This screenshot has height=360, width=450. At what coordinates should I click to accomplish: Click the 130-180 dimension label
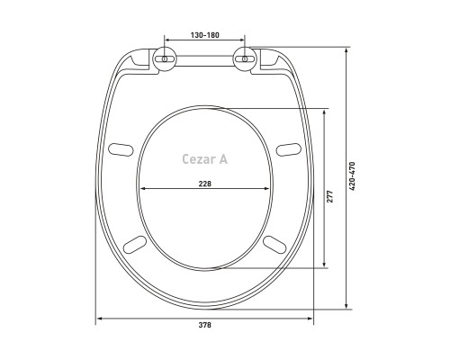coord(205,35)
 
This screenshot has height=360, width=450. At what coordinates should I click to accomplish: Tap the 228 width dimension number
coord(205,184)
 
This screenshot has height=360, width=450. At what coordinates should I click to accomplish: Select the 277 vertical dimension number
coord(330,196)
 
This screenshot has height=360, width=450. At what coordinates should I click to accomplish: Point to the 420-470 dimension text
coord(352,176)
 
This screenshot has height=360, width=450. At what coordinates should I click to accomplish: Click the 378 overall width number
coord(205,325)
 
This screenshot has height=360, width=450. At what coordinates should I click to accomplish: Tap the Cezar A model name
coord(205,159)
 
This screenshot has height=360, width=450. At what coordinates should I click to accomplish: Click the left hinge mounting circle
coord(165,59)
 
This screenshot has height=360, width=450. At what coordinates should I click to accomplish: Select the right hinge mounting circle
coord(245,59)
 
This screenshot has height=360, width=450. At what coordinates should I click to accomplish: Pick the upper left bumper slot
coord(121,150)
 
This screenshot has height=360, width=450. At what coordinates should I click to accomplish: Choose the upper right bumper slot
coord(289,149)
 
